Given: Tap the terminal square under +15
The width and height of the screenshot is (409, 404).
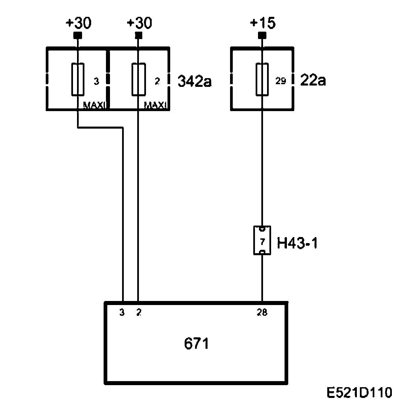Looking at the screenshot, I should coord(262,35).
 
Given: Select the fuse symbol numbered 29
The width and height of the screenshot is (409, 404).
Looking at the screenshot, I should coord(262,79).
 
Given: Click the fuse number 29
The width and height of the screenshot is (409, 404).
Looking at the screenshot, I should coord(281,81).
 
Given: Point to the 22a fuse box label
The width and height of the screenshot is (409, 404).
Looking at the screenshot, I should coord(312,81).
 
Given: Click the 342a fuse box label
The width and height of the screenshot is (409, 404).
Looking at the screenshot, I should coord(194,81).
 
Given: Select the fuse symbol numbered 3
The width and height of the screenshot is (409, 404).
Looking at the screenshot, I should coord(78,79).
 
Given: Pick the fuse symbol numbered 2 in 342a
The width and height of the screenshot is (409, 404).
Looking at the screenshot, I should coord(138,79).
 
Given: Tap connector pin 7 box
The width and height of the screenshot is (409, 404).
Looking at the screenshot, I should coord(262,240).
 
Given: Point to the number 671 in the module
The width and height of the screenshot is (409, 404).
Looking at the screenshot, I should coord(196,344).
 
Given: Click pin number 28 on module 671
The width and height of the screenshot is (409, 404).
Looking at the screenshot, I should coord(262,313).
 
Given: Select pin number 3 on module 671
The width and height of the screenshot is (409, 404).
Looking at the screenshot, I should coord(122,313).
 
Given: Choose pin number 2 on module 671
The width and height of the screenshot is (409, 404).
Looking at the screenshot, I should coord(139,313).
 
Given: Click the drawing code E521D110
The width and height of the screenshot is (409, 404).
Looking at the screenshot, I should coord(359,393).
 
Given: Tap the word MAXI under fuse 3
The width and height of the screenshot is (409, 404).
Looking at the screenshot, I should coord(95,106).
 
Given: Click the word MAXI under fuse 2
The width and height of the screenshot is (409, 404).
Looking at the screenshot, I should coord(155,106).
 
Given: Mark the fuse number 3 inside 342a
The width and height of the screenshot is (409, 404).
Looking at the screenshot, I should coord(97,81).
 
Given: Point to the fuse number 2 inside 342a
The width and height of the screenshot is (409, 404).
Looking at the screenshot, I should coord(157,81).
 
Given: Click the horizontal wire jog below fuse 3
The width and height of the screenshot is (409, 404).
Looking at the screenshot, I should coord(100,128).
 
